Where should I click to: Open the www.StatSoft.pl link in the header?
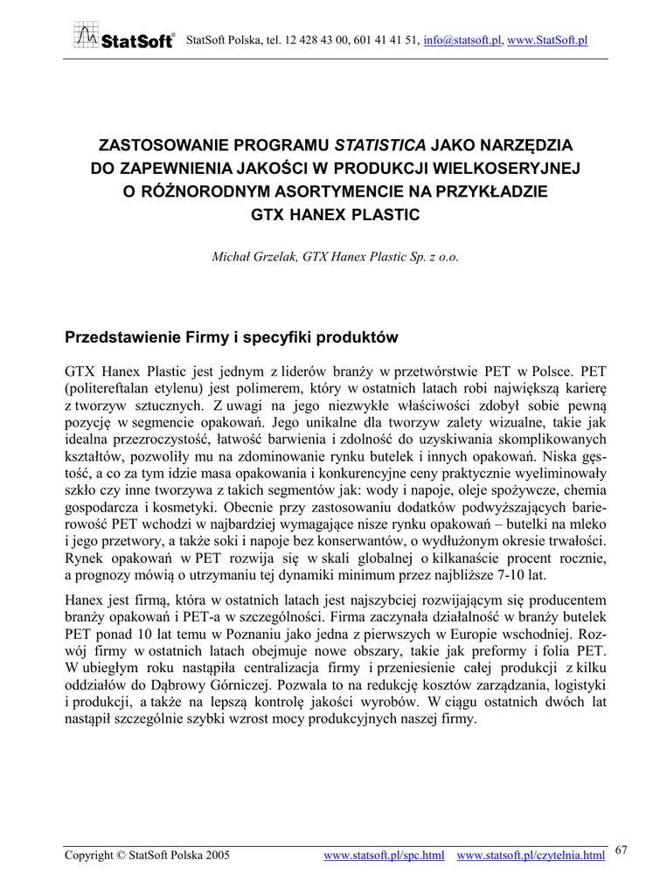click(546, 40)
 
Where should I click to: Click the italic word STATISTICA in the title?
click(380, 144)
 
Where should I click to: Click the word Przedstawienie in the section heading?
click(124, 337)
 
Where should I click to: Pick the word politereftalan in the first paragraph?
click(110, 385)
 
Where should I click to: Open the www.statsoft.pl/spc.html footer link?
click(385, 854)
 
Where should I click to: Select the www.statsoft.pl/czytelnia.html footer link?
click(531, 854)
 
